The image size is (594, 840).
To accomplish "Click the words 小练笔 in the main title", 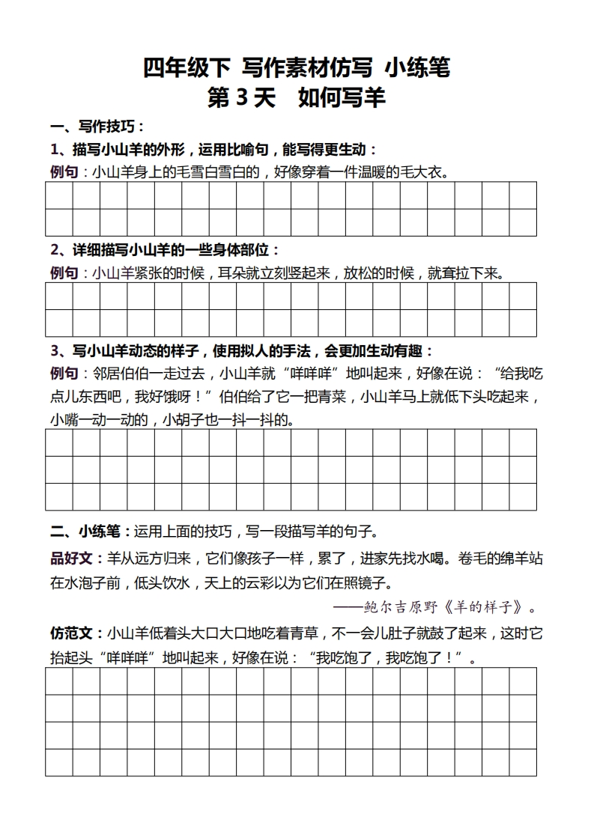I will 417,68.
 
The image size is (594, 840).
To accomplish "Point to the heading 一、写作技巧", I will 97,126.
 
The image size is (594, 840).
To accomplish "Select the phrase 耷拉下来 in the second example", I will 472,273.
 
